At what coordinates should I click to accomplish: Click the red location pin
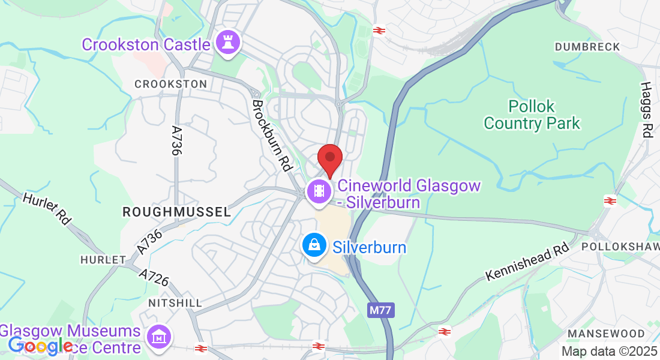click(329, 158)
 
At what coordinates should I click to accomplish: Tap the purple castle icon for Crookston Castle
click(229, 43)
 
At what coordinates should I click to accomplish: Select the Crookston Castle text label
click(146, 44)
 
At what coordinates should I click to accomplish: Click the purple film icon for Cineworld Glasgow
click(319, 191)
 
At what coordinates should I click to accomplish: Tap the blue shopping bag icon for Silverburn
click(314, 245)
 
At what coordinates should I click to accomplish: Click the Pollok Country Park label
click(532, 115)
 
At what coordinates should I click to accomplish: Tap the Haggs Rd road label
click(646, 111)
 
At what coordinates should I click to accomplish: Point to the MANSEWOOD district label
click(606, 334)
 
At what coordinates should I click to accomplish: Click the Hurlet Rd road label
click(47, 208)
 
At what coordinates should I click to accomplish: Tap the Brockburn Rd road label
click(271, 134)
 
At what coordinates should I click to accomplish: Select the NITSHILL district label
click(175, 303)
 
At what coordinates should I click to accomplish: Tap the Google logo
click(40, 346)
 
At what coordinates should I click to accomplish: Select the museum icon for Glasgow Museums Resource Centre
click(159, 337)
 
